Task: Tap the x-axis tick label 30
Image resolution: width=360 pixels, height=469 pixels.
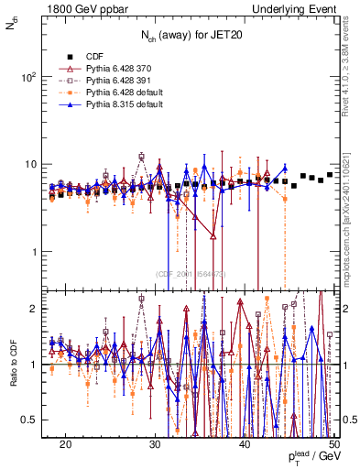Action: pyautogui.click(x=155, y=443)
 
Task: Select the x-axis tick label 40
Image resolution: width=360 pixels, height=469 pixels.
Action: pyautogui.click(x=245, y=443)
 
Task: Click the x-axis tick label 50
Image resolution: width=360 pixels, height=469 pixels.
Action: pyautogui.click(x=333, y=443)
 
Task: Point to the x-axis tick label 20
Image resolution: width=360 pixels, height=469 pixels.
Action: pyautogui.click(x=66, y=443)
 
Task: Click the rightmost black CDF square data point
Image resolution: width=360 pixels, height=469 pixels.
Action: pyautogui.click(x=330, y=174)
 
